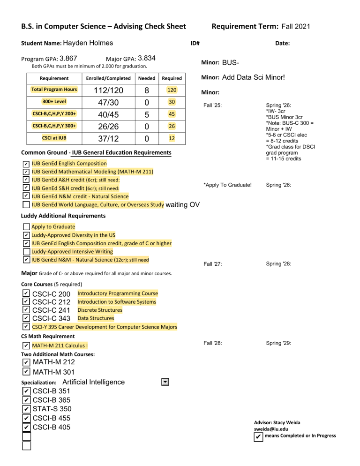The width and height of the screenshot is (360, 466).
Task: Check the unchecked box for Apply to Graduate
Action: [26, 227]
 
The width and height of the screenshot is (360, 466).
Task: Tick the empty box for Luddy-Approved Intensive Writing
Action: [26, 252]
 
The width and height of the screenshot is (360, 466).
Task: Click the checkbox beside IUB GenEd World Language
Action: [26, 204]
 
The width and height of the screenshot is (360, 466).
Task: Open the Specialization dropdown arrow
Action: [165, 382]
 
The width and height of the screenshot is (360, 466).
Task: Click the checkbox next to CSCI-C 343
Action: [26, 319]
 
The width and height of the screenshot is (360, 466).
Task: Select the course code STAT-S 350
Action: [52, 409]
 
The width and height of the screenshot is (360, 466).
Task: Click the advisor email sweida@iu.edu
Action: [271, 428]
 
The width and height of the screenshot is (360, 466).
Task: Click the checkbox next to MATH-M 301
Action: [26, 372]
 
